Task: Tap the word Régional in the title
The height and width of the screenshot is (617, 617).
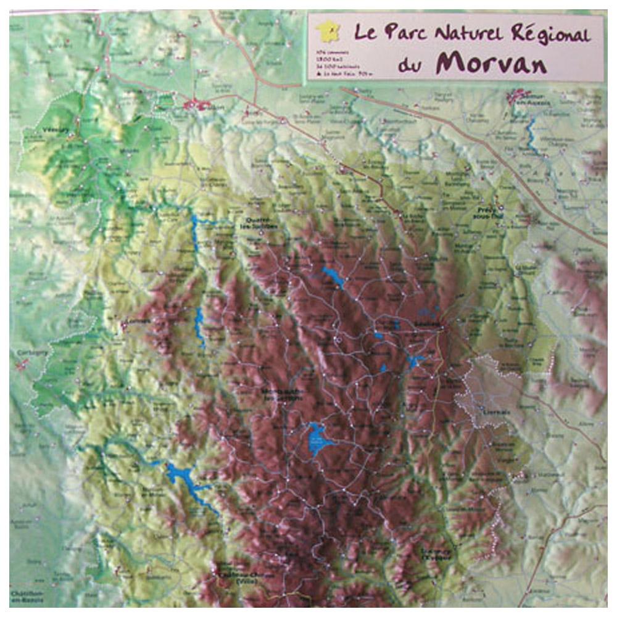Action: (x=552, y=35)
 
